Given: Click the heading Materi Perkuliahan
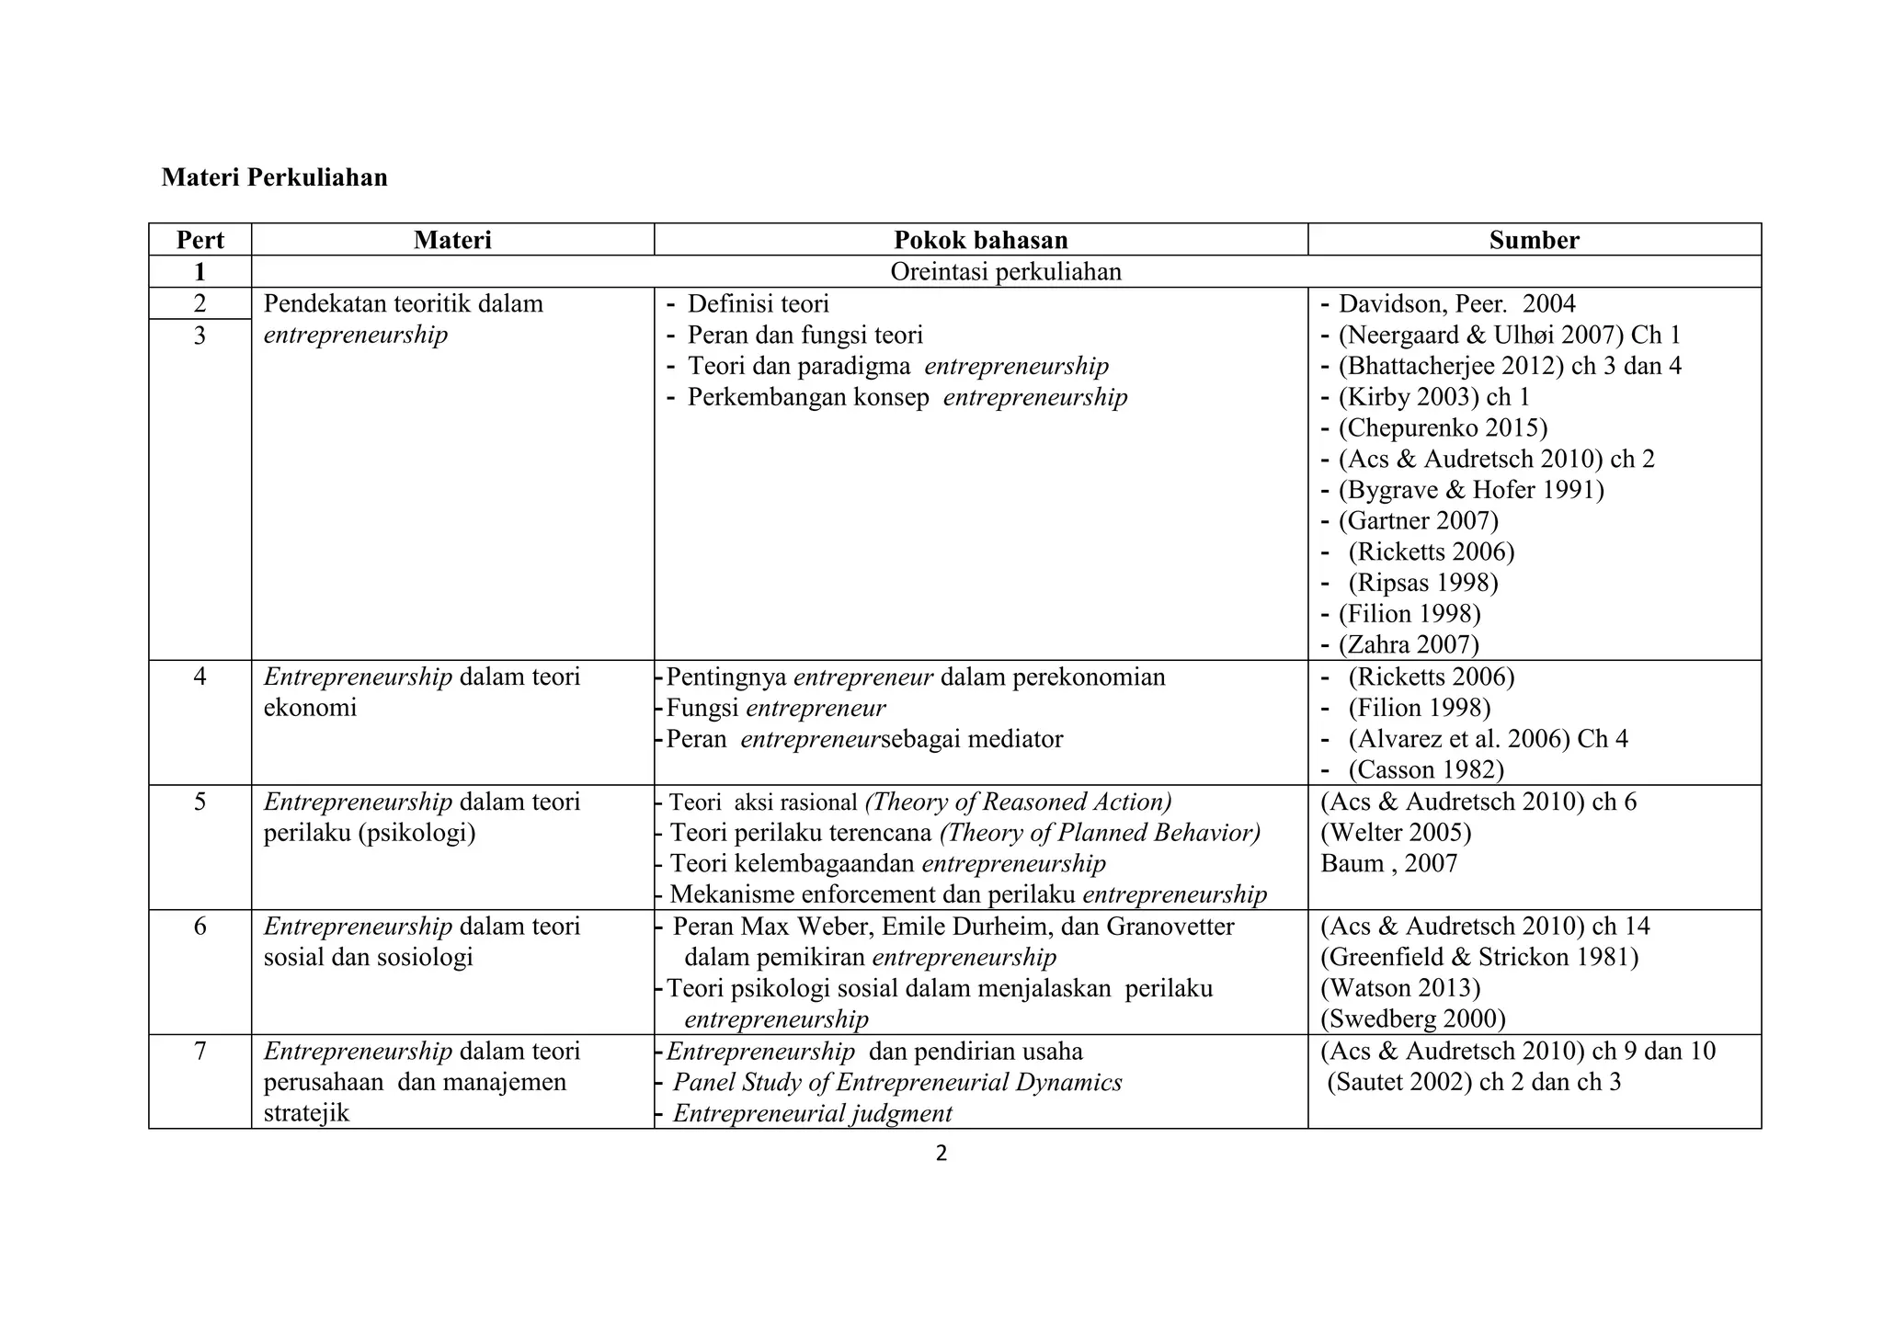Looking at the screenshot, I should click(x=274, y=177).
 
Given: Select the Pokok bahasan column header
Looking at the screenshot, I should click(x=980, y=240).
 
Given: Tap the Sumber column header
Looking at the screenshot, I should click(x=1534, y=240).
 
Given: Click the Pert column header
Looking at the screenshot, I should click(x=200, y=240).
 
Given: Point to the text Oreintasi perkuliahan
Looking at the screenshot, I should click(x=1006, y=272).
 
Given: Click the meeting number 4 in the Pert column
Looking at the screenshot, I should click(x=200, y=677).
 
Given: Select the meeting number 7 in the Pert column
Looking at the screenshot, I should click(x=200, y=1051).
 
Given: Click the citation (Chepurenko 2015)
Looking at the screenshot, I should click(x=1443, y=428).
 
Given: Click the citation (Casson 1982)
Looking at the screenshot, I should click(x=1426, y=769).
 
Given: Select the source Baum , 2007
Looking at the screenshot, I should click(x=1388, y=863).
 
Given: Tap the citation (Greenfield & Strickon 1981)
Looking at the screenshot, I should click(x=1479, y=957).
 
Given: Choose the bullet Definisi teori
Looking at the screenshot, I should click(x=758, y=304).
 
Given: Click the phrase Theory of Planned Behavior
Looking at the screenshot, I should click(x=1101, y=833).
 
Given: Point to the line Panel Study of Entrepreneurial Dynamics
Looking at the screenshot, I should click(x=897, y=1082).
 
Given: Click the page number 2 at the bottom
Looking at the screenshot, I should click(x=941, y=1154).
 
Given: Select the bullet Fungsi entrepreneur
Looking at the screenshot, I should click(x=775, y=708).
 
